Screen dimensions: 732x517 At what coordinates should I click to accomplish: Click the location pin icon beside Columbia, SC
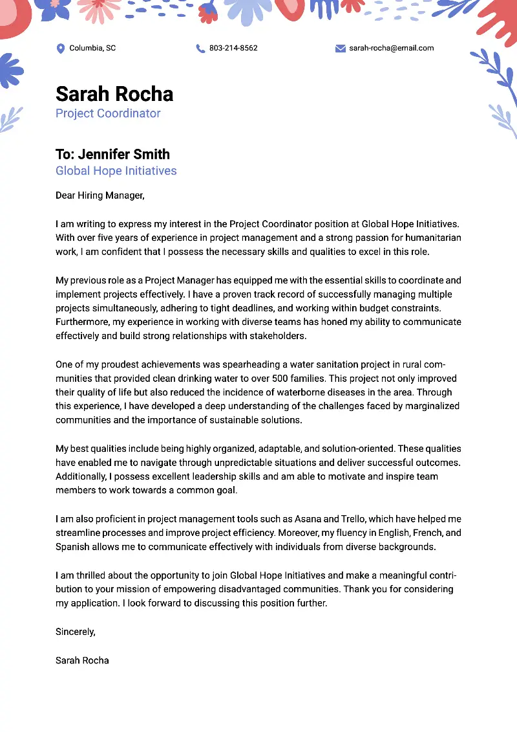click(61, 49)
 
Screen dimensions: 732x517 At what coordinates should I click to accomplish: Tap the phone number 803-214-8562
click(233, 48)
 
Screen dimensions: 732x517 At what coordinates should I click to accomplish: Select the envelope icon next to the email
click(341, 49)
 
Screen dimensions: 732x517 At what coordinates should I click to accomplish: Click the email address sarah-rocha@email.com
click(392, 48)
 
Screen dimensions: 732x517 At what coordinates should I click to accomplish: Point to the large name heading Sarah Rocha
click(114, 94)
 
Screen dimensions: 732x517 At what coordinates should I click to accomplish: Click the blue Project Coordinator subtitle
click(108, 113)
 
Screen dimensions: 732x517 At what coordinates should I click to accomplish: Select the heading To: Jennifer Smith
click(112, 154)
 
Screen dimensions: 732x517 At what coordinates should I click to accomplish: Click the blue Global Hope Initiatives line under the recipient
click(116, 171)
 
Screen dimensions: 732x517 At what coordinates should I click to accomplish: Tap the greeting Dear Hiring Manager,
click(100, 195)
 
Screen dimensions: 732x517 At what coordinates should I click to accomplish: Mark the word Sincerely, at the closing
click(76, 632)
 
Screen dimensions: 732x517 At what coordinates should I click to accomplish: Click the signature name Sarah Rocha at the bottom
click(82, 661)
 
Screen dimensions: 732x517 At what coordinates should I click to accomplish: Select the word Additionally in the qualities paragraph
click(82, 476)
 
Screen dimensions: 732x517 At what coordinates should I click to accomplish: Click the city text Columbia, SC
click(92, 48)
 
